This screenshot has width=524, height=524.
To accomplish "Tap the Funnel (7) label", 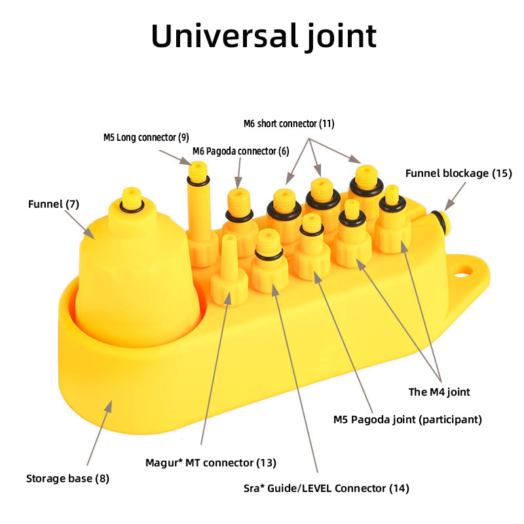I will pos(54,204).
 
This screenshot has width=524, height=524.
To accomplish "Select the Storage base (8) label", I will pos(67,478).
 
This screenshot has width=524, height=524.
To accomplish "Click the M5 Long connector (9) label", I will pos(146,138).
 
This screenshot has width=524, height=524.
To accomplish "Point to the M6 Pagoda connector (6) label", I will pos(240,151).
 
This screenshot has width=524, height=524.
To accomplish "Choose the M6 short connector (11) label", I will pos(289,123).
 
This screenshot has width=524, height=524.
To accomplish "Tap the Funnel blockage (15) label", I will pos(457,174).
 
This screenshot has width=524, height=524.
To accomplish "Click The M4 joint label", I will pos(439,392).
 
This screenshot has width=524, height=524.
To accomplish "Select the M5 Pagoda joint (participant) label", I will pos(407,420).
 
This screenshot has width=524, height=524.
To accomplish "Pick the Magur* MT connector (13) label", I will pos(211,463).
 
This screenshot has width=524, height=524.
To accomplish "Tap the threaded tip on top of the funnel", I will pos(132,199).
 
